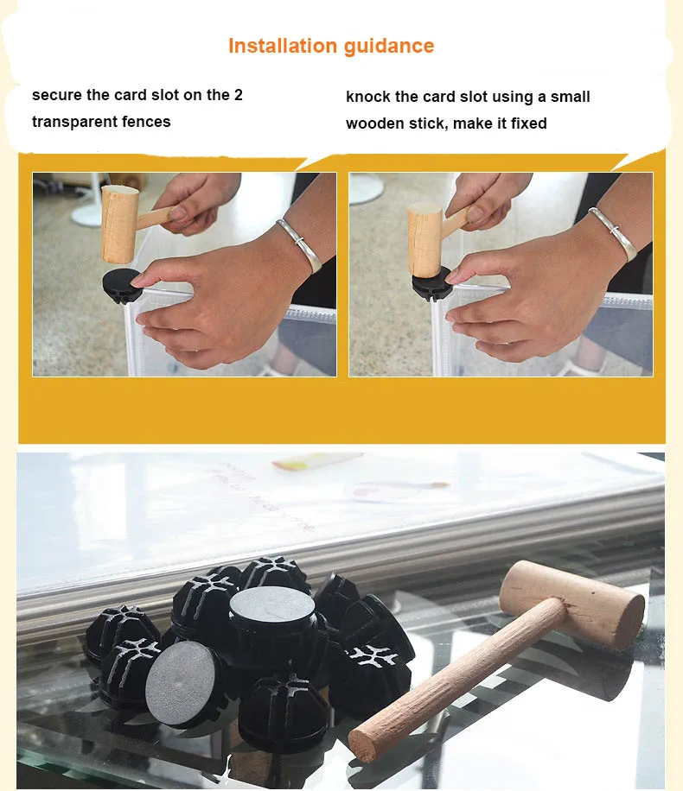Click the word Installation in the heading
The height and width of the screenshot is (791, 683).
[283, 46]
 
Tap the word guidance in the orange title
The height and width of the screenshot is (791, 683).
[389, 47]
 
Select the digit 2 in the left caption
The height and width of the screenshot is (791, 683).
[238, 95]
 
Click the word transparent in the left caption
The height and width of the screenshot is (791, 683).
[69, 122]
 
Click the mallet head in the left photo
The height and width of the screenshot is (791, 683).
[119, 224]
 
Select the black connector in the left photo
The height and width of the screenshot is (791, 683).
[123, 285]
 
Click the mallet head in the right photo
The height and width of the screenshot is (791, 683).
[424, 239]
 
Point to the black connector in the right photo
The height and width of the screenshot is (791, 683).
[431, 284]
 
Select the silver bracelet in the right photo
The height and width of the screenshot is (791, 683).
[612, 233]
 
